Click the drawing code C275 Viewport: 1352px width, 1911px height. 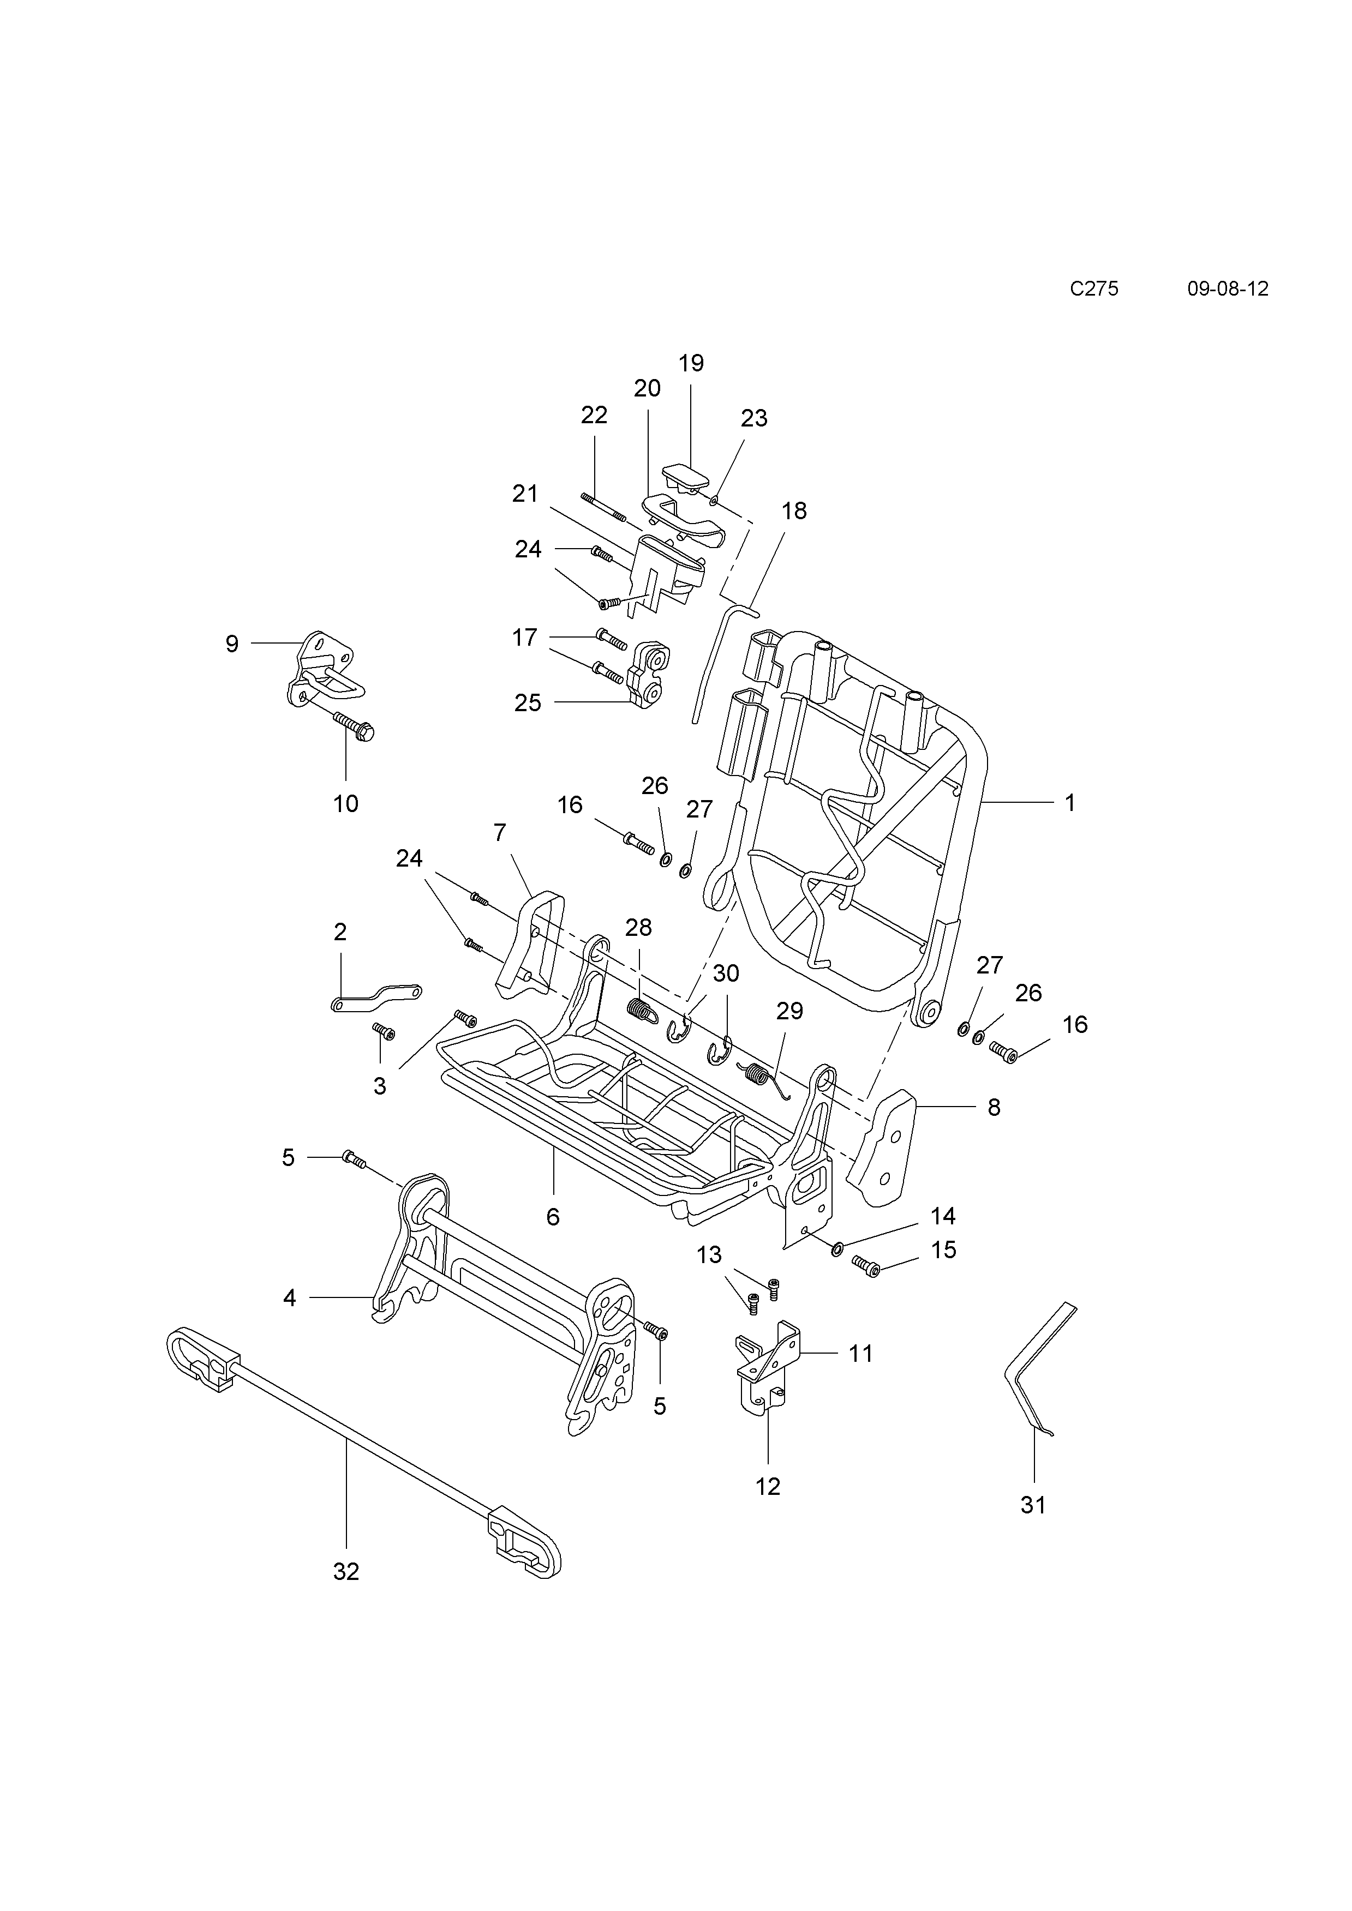tap(1094, 289)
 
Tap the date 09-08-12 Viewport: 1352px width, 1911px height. tap(1228, 289)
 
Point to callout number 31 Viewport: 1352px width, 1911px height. tap(1033, 1505)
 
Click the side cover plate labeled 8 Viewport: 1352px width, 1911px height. tap(882, 1150)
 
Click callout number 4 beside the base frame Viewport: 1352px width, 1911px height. tap(290, 1297)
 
